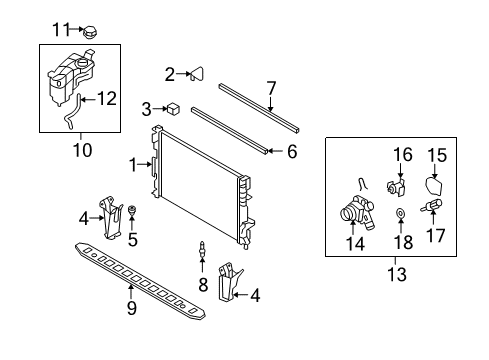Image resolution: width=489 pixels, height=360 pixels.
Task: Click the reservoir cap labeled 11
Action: (x=85, y=31)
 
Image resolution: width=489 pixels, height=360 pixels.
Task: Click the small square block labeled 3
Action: (x=174, y=107)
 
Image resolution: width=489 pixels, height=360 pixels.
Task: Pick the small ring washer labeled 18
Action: (x=400, y=212)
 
